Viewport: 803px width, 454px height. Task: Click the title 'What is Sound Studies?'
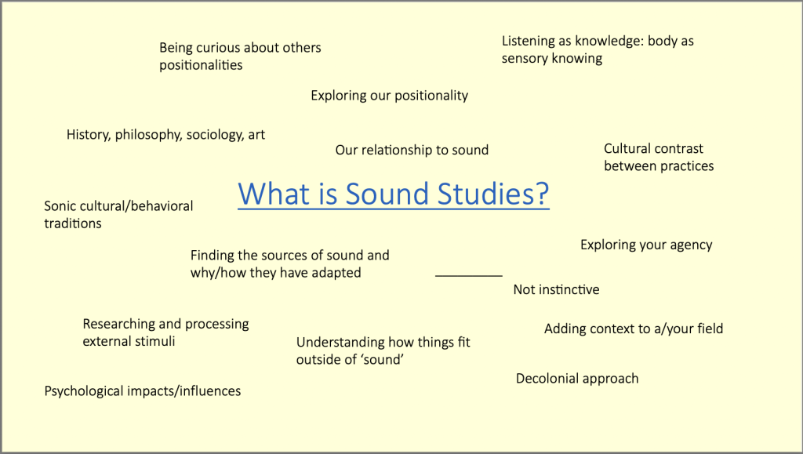click(394, 194)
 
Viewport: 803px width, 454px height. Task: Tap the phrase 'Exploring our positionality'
click(389, 96)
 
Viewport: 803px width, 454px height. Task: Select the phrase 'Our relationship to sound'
click(412, 150)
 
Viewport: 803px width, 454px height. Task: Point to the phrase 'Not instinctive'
click(556, 289)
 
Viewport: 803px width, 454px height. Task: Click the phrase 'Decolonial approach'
click(577, 379)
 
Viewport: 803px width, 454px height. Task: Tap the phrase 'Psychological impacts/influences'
click(143, 391)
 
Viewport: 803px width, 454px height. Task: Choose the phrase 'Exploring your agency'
click(646, 245)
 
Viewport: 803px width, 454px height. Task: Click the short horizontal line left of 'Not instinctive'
click(469, 276)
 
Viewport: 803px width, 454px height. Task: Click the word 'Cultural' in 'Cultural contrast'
click(628, 148)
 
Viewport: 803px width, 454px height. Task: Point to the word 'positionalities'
click(201, 65)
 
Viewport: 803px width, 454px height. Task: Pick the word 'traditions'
click(73, 223)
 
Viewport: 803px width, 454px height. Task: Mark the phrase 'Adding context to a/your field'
click(634, 329)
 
